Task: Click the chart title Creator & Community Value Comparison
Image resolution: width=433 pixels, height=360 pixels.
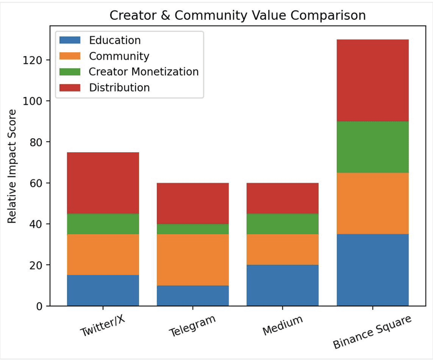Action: coord(237,16)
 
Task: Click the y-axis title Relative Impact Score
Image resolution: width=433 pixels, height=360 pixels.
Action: coord(12,166)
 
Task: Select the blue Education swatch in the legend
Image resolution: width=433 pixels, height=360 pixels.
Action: coord(70,40)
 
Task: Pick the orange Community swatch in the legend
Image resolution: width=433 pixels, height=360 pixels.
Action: coord(70,56)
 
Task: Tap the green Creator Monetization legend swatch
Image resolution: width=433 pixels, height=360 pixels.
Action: coord(70,72)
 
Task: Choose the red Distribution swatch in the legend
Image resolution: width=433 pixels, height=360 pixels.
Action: coord(70,87)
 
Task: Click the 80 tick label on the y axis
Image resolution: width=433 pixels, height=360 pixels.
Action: coord(36,142)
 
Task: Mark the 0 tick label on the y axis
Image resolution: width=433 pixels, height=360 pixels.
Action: coord(39,306)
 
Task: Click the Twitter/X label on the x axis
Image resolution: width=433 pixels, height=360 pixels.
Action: coord(103,325)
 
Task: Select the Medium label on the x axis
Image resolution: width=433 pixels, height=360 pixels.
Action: coord(282,325)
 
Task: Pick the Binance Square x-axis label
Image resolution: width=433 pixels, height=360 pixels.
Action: coord(372,332)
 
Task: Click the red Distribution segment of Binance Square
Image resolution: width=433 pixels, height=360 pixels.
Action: coord(372,80)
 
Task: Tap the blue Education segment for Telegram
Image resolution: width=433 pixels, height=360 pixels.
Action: coord(192,296)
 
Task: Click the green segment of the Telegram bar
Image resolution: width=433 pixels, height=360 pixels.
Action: coord(192,229)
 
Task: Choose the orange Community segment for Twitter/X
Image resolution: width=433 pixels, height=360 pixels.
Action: coord(103,255)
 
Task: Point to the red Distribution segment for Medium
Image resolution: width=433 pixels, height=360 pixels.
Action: coord(282,198)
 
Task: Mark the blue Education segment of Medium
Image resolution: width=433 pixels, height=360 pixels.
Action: coord(282,285)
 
